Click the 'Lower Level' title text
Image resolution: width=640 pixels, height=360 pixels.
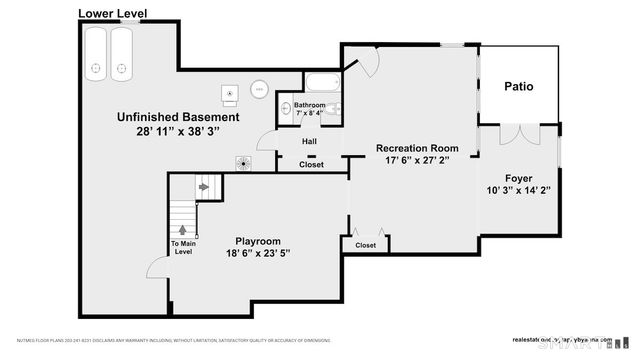coord(112,13)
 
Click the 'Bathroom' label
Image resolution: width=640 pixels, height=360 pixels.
coord(309,105)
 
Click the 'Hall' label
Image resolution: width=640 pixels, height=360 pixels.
coord(310,141)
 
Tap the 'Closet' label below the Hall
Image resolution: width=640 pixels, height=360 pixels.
coord(311,165)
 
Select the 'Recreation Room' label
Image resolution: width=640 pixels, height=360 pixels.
coord(417,148)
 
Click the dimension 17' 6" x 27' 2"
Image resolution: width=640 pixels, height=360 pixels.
coord(417,162)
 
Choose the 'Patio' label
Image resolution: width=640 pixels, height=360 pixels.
coord(518,87)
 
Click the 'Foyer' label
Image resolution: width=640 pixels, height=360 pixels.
coord(517,176)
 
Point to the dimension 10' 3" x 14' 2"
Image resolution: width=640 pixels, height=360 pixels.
coord(517,189)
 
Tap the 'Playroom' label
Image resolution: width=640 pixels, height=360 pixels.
coord(257,241)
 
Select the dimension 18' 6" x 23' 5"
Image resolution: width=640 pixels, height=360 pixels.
coord(257,254)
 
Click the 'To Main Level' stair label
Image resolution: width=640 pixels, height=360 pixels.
coord(183,248)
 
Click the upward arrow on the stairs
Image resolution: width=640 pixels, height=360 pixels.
coord(183,230)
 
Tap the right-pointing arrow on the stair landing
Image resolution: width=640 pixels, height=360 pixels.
coord(204,186)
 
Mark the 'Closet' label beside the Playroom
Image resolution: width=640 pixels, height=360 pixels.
coord(365,245)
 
